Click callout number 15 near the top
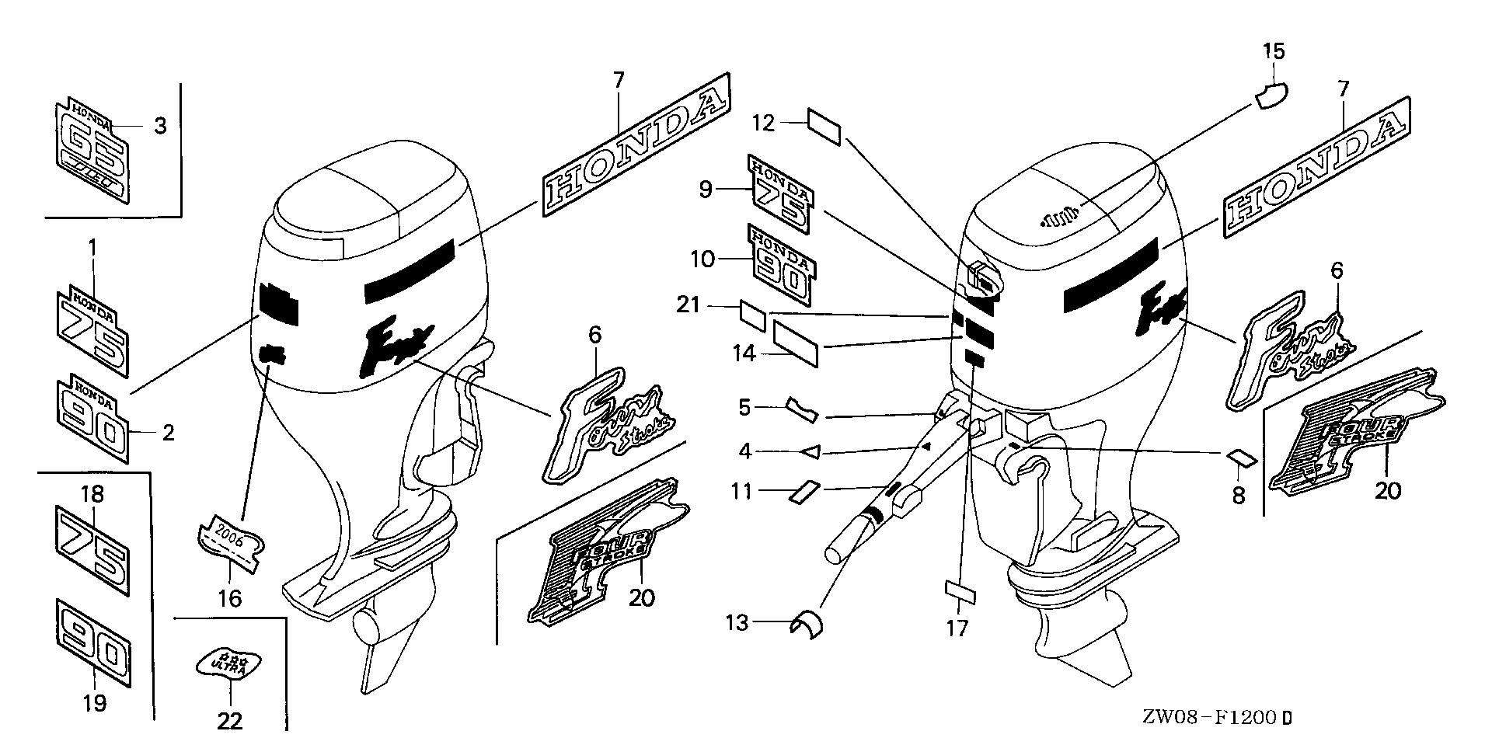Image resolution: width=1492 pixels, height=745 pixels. (1274, 52)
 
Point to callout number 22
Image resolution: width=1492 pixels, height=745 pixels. (230, 722)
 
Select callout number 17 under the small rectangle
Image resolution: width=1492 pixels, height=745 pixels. (957, 628)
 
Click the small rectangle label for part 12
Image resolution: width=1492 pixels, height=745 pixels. (824, 127)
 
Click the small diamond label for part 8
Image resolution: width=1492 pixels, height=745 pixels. (1241, 459)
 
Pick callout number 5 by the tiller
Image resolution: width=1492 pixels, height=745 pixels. (744, 407)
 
